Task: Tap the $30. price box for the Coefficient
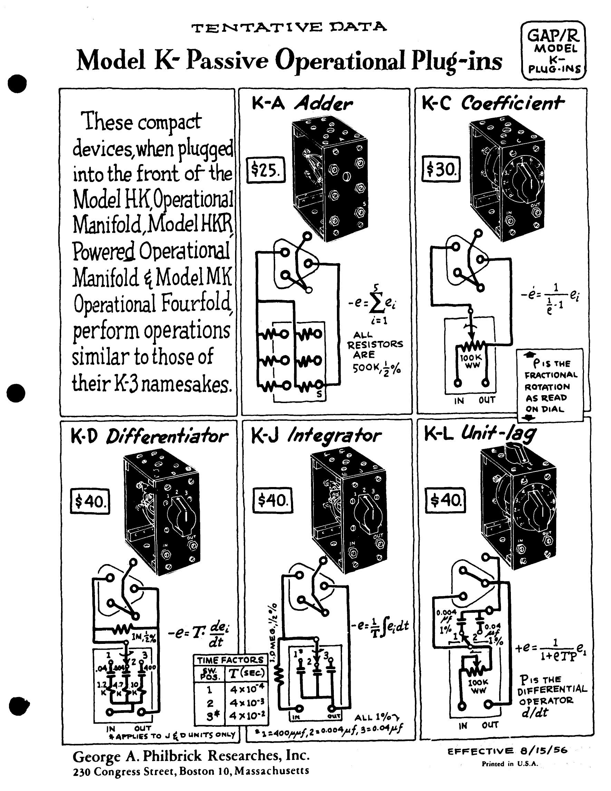tap(441, 169)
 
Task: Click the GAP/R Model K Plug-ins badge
tap(553, 50)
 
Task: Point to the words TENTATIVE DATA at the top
tap(289, 27)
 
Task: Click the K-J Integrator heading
tap(316, 436)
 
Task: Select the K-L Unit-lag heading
tap(480, 434)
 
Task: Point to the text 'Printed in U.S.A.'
tap(510, 764)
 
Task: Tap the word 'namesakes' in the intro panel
tap(186, 385)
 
